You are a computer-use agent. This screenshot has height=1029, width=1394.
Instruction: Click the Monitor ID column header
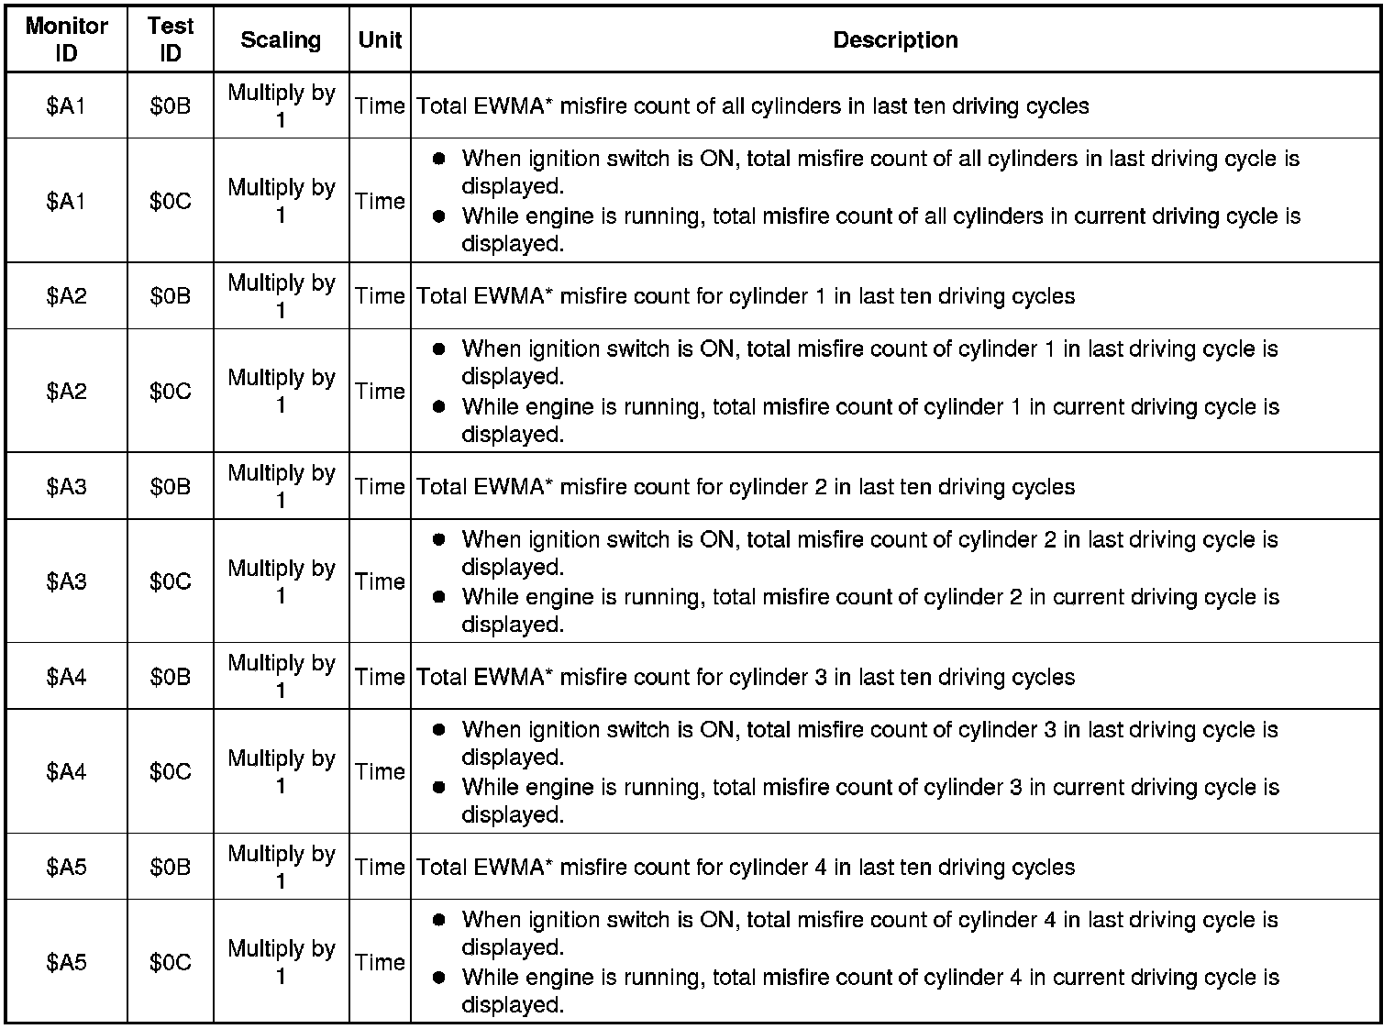click(66, 39)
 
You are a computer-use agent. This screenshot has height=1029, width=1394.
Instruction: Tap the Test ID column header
click(171, 39)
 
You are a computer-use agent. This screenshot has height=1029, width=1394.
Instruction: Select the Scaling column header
click(281, 39)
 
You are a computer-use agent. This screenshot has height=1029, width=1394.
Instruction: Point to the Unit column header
click(380, 39)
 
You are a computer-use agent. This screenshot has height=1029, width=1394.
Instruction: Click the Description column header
click(895, 39)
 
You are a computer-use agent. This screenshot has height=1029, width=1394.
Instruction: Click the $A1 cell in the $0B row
click(66, 106)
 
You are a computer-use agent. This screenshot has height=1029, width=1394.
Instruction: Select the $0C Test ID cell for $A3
click(171, 581)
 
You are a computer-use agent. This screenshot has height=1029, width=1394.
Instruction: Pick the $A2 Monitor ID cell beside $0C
click(66, 392)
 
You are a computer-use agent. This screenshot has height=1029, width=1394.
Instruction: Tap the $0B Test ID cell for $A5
click(171, 867)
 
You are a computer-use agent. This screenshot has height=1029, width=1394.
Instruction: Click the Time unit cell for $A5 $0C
click(380, 962)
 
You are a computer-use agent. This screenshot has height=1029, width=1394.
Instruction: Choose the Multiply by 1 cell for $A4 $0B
click(281, 677)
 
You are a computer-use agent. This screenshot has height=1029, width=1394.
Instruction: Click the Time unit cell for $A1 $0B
click(380, 106)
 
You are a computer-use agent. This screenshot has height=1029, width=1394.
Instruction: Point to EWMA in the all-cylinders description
click(509, 106)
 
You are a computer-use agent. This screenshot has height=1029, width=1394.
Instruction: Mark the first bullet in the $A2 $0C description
click(438, 349)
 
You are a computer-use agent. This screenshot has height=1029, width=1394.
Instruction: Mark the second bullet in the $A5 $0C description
click(438, 978)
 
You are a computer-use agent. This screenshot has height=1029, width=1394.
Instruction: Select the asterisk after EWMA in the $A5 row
click(548, 863)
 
